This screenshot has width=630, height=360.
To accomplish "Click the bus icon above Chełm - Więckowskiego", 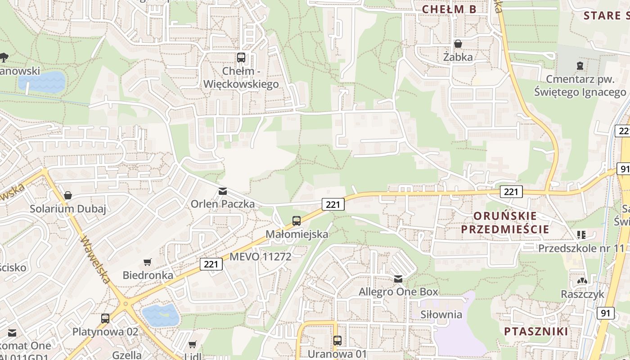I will coord(241,58).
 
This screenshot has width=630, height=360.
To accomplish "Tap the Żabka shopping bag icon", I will coord(458,44).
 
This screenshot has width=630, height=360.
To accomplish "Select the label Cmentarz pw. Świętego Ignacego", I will coord(580,85).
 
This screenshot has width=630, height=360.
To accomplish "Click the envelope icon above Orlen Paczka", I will coord(222,191).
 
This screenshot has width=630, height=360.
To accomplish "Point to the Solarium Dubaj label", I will coord(68,209).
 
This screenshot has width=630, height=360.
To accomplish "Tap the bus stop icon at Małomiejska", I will coord(296,220).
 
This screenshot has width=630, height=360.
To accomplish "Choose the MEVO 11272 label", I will coord(261,256).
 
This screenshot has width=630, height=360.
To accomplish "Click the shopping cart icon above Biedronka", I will coord(148,262).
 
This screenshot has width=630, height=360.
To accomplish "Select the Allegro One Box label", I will coord(398,292).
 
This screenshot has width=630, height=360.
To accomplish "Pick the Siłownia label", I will coord(441,314).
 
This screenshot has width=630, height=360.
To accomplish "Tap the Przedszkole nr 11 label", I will coord(582,248).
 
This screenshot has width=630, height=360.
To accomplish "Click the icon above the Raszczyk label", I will coord(582,281).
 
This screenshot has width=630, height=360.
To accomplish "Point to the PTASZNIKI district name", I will coord(536,332).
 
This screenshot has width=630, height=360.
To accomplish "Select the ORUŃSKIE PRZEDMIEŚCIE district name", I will coord(511,222).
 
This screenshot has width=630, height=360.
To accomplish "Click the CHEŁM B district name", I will coord(449,9).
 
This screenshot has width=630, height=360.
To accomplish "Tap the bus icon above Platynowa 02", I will coord(105,318).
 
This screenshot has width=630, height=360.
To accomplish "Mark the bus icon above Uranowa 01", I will coord(337,341).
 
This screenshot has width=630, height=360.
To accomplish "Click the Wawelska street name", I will coord(94,260).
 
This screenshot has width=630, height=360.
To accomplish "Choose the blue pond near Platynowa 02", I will coord(161,315).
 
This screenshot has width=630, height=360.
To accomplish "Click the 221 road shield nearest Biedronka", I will coord(211,264).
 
